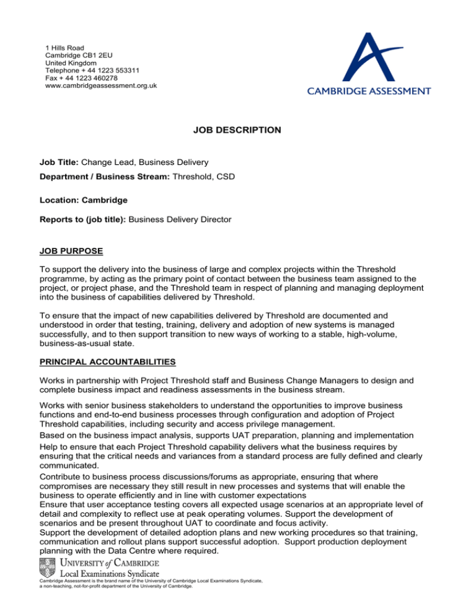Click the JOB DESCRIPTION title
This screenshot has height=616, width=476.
(238, 130)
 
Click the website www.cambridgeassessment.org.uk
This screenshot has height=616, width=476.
(101, 86)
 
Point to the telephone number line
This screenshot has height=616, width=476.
(97, 71)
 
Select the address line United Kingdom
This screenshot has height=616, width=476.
(71, 63)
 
